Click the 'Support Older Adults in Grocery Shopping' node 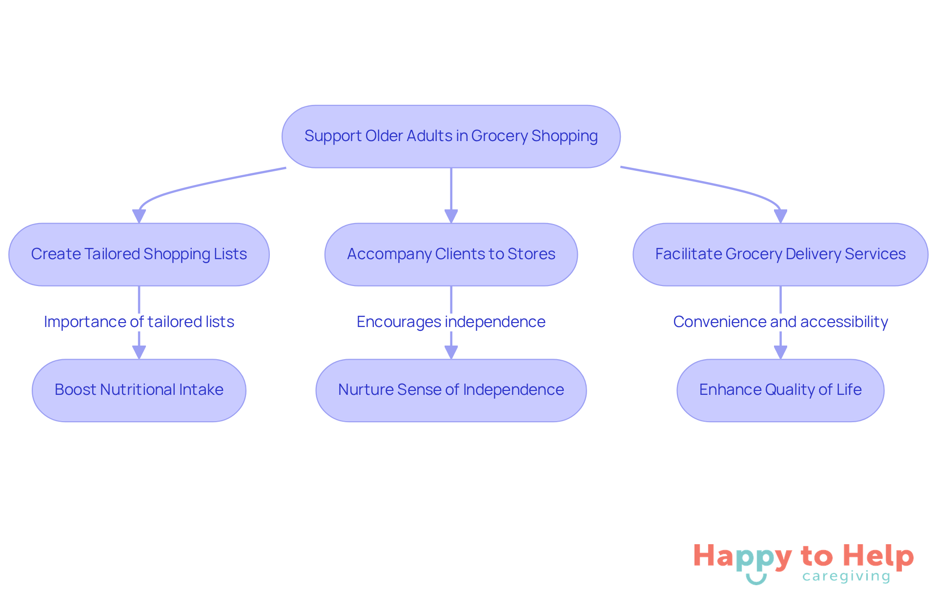click(x=451, y=136)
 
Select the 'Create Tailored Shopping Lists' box click(x=139, y=254)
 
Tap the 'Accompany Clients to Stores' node click(x=451, y=254)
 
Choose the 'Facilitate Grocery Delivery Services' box click(x=780, y=254)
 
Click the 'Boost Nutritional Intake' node click(x=139, y=390)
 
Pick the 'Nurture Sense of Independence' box click(x=451, y=390)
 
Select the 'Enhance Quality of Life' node click(x=780, y=390)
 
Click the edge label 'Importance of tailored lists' click(x=139, y=322)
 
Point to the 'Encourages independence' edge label click(x=451, y=322)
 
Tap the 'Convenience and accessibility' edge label click(x=780, y=322)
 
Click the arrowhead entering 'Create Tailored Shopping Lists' click(x=139, y=216)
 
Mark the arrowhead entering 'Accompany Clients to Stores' click(x=451, y=216)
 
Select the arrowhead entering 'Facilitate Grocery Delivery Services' click(x=780, y=216)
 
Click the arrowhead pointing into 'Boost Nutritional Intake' click(x=139, y=352)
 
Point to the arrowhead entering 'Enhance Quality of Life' click(x=780, y=352)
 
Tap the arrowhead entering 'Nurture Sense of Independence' click(x=451, y=352)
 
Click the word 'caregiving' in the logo click(x=846, y=576)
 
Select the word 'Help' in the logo click(x=878, y=556)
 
